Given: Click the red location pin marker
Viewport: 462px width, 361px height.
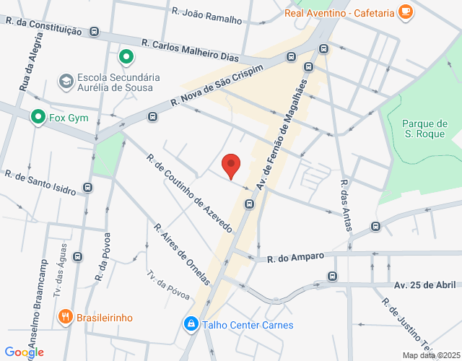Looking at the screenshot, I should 231,165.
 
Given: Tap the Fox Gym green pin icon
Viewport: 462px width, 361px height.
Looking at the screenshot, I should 37,116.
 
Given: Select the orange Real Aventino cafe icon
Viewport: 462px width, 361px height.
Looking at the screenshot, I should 406,12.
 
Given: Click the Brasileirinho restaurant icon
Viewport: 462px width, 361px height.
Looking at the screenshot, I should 65,317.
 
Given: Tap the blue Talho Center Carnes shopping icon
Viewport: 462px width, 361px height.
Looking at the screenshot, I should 191,324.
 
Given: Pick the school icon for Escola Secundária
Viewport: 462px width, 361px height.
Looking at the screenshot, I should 66,80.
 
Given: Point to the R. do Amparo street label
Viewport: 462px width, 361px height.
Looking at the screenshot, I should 295,258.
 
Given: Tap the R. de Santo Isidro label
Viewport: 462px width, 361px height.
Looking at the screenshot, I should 40,183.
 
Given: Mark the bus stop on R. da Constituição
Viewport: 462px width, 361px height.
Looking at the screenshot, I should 95,32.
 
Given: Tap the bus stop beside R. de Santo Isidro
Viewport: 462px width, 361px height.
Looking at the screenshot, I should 88,188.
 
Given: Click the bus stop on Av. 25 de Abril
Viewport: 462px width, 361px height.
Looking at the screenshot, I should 331,276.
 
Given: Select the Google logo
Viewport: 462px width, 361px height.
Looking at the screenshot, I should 24,352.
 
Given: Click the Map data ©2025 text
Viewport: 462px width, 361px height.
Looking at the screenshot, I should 431,355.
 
